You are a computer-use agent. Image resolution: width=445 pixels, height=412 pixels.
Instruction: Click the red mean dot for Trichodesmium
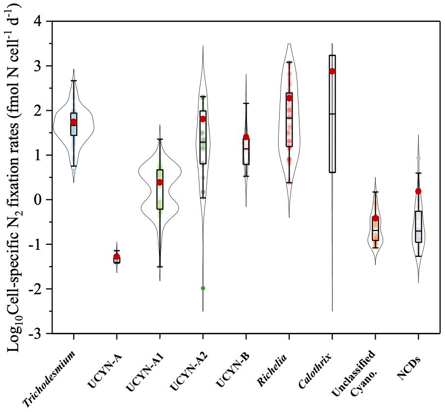pyautogui.click(x=74, y=122)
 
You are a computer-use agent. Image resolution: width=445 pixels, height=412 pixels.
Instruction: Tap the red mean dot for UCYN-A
pyautogui.click(x=117, y=256)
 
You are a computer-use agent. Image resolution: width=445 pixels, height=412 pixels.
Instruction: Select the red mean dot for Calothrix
pyautogui.click(x=332, y=71)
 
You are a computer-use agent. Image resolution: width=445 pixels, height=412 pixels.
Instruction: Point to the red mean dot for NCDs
pyautogui.click(x=418, y=191)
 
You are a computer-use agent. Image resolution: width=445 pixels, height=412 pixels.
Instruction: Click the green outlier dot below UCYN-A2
pyautogui.click(x=203, y=288)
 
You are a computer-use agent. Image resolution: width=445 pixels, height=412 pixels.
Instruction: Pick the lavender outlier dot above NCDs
pyautogui.click(x=418, y=158)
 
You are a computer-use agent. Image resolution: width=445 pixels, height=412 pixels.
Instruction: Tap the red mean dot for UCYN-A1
pyautogui.click(x=160, y=183)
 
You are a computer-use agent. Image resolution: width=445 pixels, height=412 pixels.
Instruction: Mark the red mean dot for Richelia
pyautogui.click(x=289, y=98)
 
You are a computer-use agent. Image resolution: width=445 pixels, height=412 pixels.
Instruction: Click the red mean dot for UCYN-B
pyautogui.click(x=246, y=137)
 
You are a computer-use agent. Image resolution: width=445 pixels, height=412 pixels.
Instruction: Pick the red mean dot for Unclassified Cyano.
pyautogui.click(x=375, y=218)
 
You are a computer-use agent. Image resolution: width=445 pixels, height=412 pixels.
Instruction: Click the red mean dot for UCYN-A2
pyautogui.click(x=203, y=119)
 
